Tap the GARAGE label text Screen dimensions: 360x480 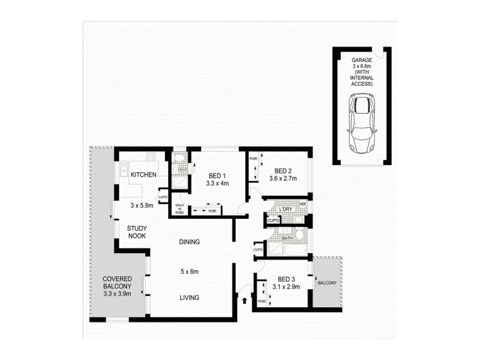pyautogui.click(x=362, y=60)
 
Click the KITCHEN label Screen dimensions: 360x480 pyautogui.click(x=143, y=175)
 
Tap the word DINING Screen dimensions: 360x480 pyautogui.click(x=189, y=242)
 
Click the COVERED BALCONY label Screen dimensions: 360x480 pyautogui.click(x=117, y=283)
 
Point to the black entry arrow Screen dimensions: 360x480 pyautogui.click(x=245, y=295)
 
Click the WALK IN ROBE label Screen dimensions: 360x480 pyautogui.click(x=179, y=208)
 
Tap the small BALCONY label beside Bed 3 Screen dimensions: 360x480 pyautogui.click(x=326, y=283)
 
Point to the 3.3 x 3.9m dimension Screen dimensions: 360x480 pyautogui.click(x=117, y=294)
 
